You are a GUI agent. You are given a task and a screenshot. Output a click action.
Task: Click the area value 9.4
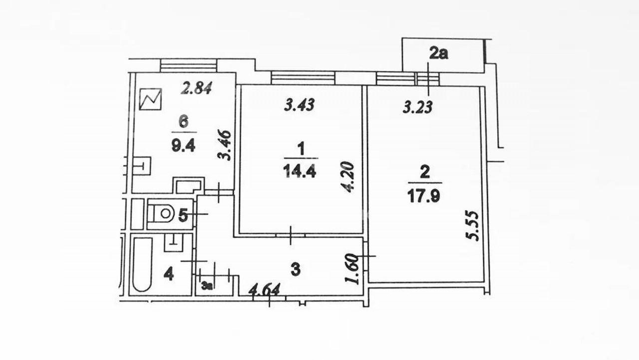pos(183,146)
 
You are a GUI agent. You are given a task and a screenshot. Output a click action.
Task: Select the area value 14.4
pos(300,172)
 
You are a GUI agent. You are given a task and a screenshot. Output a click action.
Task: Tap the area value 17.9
pos(424,196)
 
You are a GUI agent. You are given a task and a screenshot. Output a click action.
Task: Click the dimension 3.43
pos(300,104)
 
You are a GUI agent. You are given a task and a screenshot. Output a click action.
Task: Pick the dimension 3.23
pos(418,107)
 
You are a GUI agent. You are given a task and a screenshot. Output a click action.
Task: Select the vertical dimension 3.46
pos(224,145)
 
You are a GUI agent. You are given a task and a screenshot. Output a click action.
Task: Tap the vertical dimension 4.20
pos(348,177)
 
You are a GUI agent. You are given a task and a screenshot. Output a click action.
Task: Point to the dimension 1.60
pos(352,269)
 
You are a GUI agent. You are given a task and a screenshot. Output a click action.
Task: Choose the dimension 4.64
pos(265,290)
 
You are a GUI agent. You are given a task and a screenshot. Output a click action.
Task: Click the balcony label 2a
pos(439,53)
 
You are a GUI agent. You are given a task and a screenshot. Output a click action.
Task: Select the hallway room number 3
pos(296,270)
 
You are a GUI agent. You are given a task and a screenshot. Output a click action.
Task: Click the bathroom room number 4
pos(169,275)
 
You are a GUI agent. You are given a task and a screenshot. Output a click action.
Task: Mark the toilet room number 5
pos(183,215)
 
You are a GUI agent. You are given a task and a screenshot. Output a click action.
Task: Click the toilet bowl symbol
pos(163,213)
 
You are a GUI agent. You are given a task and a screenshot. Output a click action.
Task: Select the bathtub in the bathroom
pos(142,265)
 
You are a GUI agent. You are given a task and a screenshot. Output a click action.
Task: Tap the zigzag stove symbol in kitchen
pos(150,99)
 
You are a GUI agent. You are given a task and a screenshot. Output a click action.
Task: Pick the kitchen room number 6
pos(184,122)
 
